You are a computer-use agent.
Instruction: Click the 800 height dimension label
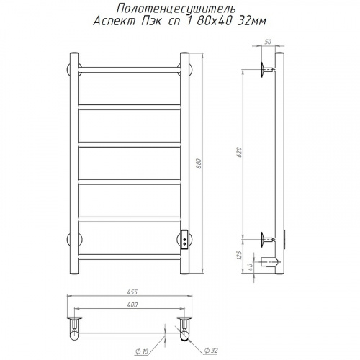click(x=199, y=163)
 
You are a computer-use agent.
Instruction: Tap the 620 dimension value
click(x=240, y=152)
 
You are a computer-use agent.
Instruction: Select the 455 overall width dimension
click(x=132, y=292)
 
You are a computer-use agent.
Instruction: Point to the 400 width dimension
click(x=132, y=305)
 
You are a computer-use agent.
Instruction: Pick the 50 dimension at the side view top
click(x=268, y=42)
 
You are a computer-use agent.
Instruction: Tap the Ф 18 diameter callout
click(x=143, y=352)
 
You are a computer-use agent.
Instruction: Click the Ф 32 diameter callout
click(x=211, y=351)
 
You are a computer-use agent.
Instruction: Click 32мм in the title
click(x=251, y=22)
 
